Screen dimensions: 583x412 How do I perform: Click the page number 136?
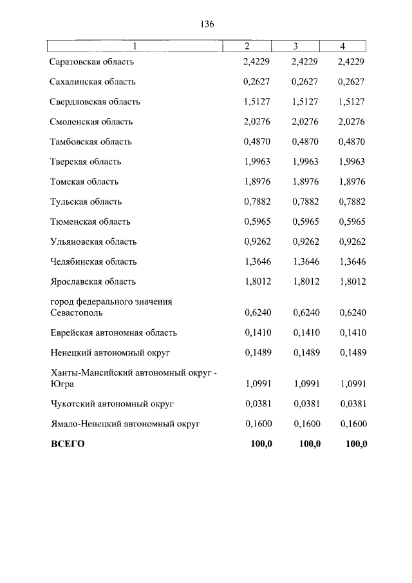pos(207,24)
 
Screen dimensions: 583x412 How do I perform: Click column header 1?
pos(135,46)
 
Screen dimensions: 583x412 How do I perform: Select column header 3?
pos(295,46)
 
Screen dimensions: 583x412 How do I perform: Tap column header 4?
pos(342,46)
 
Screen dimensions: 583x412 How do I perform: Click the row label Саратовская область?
pos(91,62)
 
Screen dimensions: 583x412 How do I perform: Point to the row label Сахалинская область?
pos(93,82)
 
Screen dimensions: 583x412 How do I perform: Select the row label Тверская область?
pos(86,162)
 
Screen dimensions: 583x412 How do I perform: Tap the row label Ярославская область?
pos(93,282)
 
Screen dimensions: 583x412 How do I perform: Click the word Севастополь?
pos(77,312)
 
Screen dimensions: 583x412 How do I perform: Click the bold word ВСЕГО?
pos(68,444)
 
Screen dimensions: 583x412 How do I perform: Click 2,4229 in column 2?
pos(257,62)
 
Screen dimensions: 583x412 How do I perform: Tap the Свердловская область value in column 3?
pos(304,102)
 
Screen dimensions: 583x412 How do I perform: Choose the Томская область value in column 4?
pos(351,182)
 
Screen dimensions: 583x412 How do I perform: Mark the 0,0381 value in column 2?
pos(257,404)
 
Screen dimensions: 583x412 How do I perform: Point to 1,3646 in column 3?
pos(304,262)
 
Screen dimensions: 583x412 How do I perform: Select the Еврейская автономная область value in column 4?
pos(351,333)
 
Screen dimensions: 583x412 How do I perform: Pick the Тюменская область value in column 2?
pos(257,222)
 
